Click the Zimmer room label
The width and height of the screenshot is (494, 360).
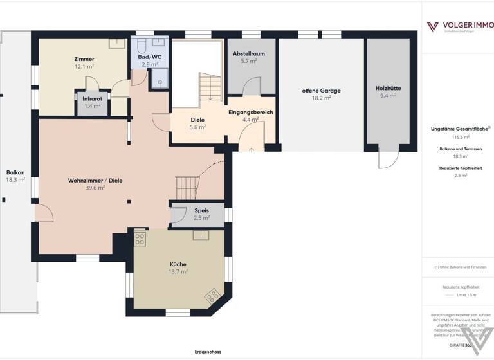tap(84, 59)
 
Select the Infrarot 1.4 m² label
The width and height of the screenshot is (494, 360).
tap(93, 98)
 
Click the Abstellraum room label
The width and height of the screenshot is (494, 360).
tap(248, 53)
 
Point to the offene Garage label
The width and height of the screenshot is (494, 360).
tap(321, 91)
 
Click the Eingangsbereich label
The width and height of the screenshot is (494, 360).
tap(250, 112)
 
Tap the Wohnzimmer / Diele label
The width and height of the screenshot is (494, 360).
tap(95, 181)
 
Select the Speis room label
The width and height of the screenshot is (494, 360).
tap(201, 210)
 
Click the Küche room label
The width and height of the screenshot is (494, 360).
tap(178, 264)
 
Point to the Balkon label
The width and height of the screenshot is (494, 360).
tap(15, 172)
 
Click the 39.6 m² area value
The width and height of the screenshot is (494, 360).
tap(95, 188)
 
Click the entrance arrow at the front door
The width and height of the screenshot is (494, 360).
tap(251, 149)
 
